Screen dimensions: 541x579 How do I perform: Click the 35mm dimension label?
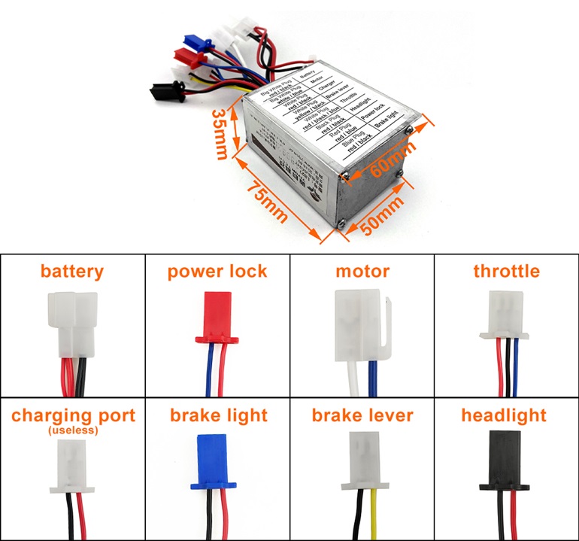[x=220, y=134]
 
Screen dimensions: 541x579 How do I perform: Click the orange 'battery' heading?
[x=72, y=271]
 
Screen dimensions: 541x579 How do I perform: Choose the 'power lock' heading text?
[x=217, y=271]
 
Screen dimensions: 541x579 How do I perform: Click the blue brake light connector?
[x=217, y=460]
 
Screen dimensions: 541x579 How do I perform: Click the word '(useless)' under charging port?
[x=72, y=430]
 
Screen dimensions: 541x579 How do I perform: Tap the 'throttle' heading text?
[x=506, y=271]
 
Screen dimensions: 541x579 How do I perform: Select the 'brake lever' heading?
[x=362, y=415]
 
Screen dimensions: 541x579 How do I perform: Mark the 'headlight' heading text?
[x=504, y=415]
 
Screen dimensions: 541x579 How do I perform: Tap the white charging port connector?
[x=72, y=466]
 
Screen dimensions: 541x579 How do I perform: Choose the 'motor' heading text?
[x=362, y=271]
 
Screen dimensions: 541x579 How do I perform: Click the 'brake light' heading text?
[x=218, y=415]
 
